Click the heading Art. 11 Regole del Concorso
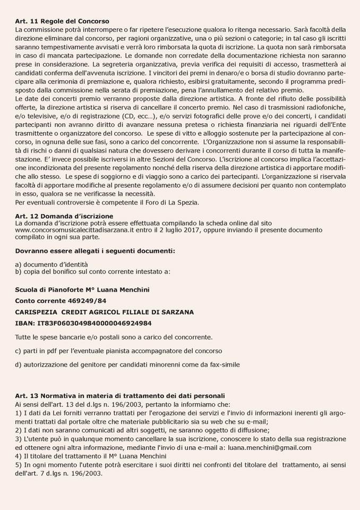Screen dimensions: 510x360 tap(59, 19)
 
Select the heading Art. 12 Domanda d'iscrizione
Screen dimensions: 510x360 tap(64, 216)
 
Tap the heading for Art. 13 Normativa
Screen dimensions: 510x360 tap(120, 395)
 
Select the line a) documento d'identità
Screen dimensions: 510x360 tap(52, 264)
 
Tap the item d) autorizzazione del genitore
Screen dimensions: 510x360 tap(127, 364)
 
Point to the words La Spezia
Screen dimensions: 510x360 tap(185, 202)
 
